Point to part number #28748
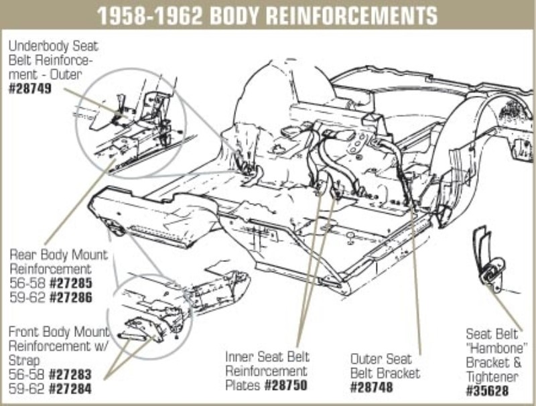coord(373,387)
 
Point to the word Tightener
coord(496,377)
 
